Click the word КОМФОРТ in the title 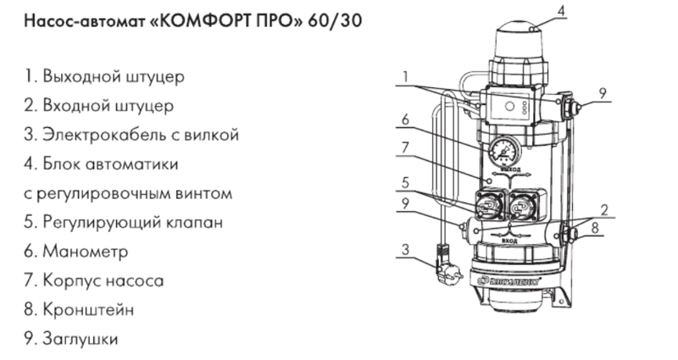click(208, 19)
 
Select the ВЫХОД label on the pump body click(509, 169)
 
